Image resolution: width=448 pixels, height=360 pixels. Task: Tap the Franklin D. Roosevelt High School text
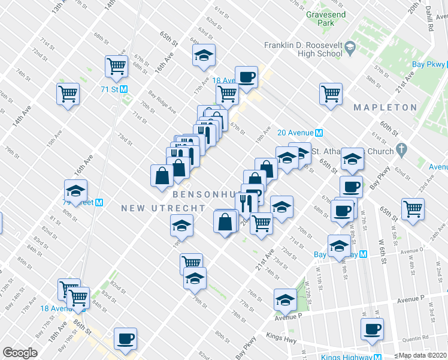(x=304, y=49)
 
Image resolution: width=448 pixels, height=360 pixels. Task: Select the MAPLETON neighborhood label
(x=385, y=107)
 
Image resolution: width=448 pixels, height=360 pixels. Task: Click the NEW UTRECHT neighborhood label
(x=163, y=208)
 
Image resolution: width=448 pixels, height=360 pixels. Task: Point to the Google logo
(x=20, y=353)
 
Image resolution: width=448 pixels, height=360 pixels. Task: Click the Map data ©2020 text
(x=422, y=355)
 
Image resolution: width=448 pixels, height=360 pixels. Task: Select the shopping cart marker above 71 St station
(x=116, y=65)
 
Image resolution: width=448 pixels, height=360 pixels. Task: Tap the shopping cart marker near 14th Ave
(x=68, y=93)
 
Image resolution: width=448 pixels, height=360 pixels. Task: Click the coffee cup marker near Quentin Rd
(x=371, y=329)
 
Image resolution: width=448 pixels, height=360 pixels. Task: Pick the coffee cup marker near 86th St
(x=125, y=338)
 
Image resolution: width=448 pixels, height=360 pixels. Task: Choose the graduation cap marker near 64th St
(x=204, y=55)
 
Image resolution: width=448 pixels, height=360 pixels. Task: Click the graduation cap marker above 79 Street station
(x=76, y=190)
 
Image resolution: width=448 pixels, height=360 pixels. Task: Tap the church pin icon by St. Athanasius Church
(x=402, y=148)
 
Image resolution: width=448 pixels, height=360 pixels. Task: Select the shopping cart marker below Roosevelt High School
(x=331, y=94)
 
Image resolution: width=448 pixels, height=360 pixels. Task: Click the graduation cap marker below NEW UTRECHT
(x=181, y=226)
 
